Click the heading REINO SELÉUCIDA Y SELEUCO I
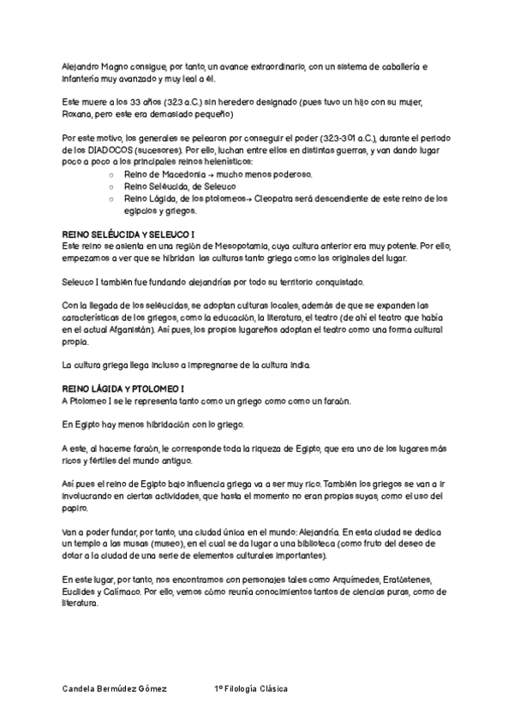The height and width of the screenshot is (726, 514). pyautogui.click(x=128, y=234)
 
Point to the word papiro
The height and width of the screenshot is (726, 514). pyautogui.click(x=76, y=508)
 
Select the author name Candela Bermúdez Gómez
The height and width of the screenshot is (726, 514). pyautogui.click(x=116, y=688)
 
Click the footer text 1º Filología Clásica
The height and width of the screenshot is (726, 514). pyautogui.click(x=251, y=688)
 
